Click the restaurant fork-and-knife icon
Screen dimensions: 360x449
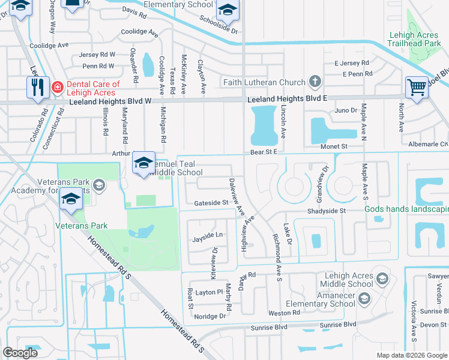pyautogui.click(x=37, y=87)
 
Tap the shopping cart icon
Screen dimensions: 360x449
pyautogui.click(x=416, y=87)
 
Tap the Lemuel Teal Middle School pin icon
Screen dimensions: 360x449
pyautogui.click(x=143, y=163)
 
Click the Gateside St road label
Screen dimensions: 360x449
pyautogui.click(x=211, y=203)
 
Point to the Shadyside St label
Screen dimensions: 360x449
pyautogui.click(x=327, y=211)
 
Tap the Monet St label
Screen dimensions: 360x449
pyautogui.click(x=337, y=146)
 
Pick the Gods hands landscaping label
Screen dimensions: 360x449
pyautogui.click(x=406, y=209)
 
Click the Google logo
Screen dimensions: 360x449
pyautogui.click(x=20, y=352)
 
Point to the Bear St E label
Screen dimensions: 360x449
pyautogui.click(x=264, y=152)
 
